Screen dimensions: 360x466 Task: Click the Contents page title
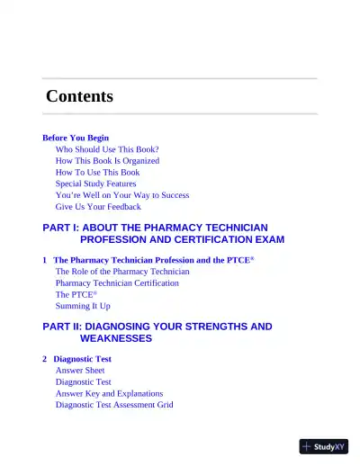(79, 96)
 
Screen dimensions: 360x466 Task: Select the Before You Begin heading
(76, 138)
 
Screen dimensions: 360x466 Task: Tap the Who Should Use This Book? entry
(107, 149)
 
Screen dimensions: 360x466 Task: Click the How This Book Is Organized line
(107, 161)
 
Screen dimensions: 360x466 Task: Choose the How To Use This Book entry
(97, 172)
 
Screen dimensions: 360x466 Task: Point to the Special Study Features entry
(95, 184)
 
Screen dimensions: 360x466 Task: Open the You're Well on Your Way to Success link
(121, 195)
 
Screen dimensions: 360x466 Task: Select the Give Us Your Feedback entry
(98, 207)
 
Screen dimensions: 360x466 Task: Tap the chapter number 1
(44, 260)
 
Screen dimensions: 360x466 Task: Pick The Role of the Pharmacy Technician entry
(122, 271)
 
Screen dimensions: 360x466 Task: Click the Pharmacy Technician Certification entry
(117, 282)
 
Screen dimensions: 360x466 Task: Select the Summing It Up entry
(83, 306)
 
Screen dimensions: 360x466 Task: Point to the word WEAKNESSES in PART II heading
(116, 338)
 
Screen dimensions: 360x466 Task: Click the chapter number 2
(44, 359)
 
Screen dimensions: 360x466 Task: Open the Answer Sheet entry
(80, 370)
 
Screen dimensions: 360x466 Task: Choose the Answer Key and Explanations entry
(109, 393)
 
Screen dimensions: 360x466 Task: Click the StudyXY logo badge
(323, 446)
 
